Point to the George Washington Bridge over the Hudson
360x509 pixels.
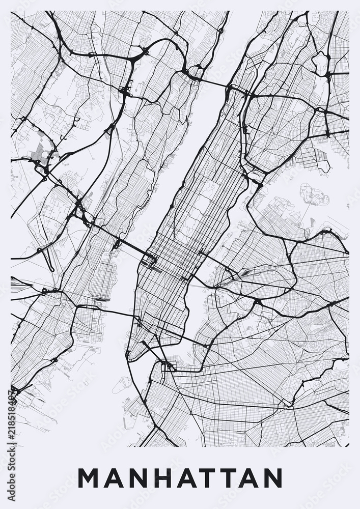pos(214,83)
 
